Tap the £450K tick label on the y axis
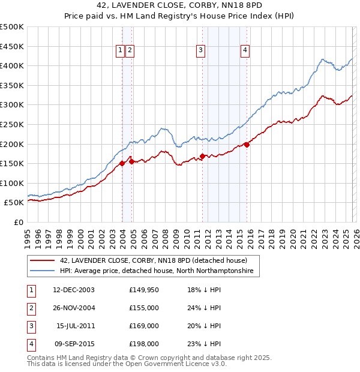pos(12,46)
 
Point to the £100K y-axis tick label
pos(12,183)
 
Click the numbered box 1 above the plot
pos(121,51)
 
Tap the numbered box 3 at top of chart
pos(200,51)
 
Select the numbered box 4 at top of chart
pos(245,51)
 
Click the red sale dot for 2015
pos(247,144)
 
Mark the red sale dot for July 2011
pos(203,156)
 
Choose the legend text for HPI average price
pos(157,271)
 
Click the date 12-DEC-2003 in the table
pos(74,290)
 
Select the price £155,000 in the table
pos(144,308)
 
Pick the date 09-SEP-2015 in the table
pos(74,344)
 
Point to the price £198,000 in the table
pos(144,344)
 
